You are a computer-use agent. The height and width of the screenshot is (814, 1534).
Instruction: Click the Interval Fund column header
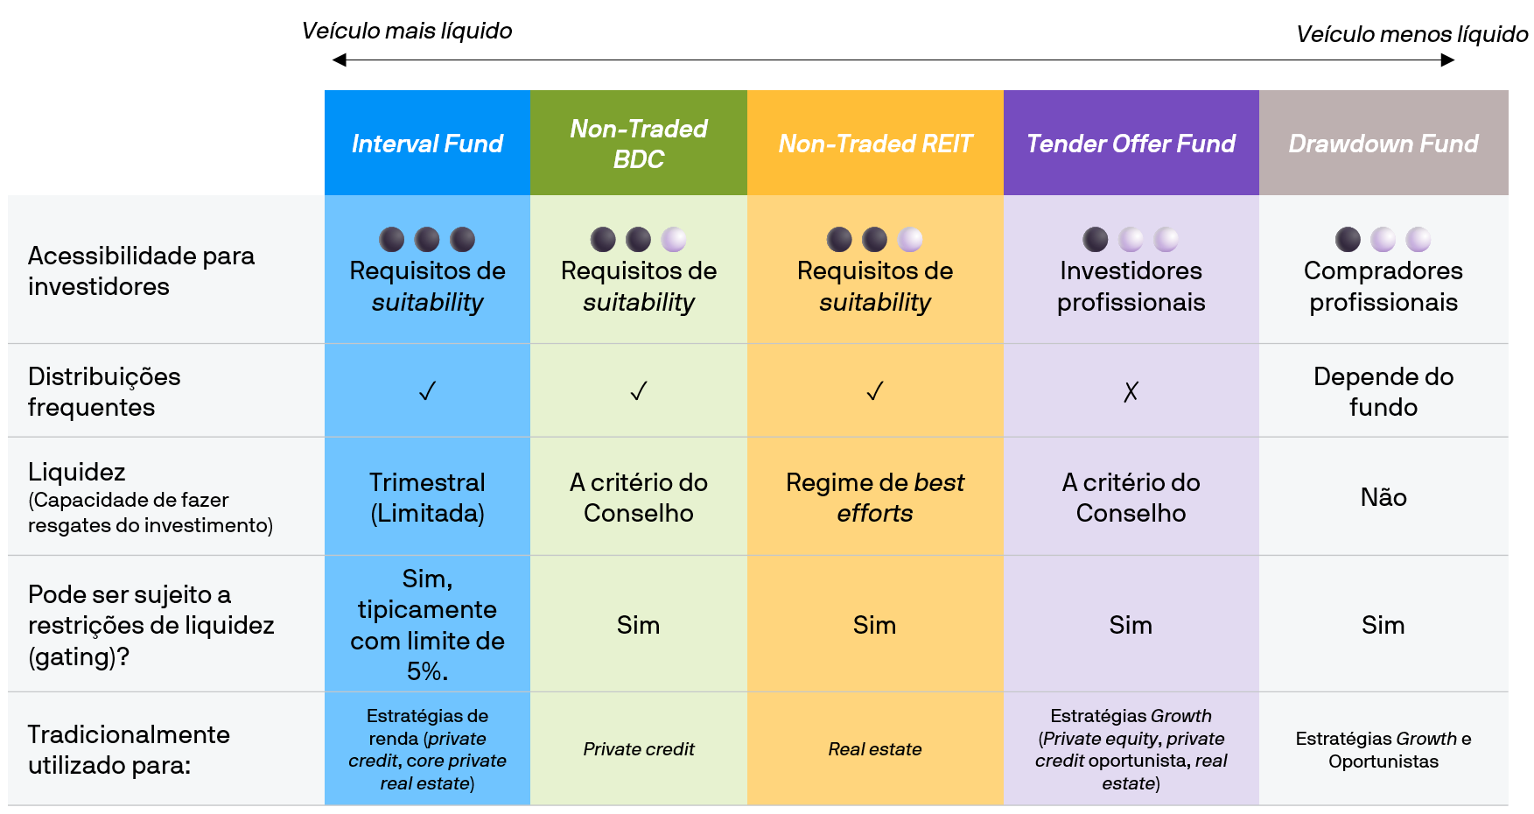(427, 144)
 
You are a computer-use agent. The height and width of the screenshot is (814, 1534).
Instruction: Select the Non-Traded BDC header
(639, 144)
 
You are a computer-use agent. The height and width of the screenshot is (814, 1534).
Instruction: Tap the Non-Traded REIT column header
(875, 144)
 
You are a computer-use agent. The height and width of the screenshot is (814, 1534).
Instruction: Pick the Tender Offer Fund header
(1131, 144)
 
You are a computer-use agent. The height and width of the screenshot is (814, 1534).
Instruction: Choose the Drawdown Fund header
(1383, 144)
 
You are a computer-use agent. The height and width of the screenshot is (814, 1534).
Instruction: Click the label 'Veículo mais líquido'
(407, 32)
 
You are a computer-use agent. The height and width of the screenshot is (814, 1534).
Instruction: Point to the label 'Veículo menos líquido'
(1411, 35)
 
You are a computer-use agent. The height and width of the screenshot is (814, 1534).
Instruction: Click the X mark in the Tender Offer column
(1131, 391)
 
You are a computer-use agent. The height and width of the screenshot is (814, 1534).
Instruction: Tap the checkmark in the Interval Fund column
(427, 391)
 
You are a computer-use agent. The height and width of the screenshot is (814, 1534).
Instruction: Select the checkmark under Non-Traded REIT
(875, 391)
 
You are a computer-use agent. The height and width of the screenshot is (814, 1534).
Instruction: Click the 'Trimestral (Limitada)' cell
(427, 497)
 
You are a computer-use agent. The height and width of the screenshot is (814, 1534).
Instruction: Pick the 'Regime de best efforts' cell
(875, 497)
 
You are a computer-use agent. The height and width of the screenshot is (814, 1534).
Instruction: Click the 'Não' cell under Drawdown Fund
(1383, 497)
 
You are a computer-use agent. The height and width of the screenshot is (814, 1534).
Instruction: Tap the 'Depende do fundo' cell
(1383, 391)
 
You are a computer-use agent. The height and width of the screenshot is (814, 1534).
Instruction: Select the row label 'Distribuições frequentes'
(104, 391)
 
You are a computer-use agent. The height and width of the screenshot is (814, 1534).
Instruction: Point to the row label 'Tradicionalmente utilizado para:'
(129, 749)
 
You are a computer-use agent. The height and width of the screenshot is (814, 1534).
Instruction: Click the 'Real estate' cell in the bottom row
(875, 749)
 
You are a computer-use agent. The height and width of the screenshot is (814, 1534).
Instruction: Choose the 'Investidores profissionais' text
(1131, 286)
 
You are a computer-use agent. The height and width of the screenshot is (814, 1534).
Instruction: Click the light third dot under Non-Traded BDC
(674, 239)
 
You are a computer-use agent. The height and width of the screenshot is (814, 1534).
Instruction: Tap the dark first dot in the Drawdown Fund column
(1348, 239)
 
